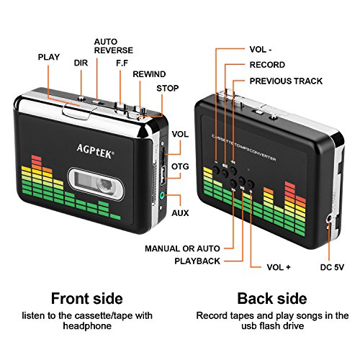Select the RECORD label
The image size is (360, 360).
pyautogui.click(x=266, y=65)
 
